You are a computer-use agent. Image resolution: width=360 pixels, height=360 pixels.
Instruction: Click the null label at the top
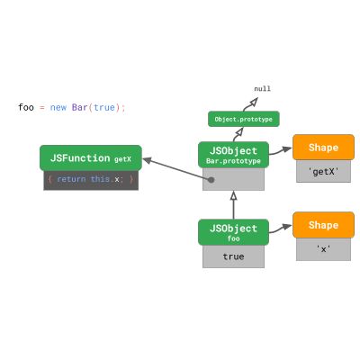(262, 88)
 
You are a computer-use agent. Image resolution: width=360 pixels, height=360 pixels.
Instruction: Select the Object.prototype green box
(243, 119)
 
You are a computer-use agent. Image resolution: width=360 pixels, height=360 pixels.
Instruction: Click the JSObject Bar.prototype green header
(233, 155)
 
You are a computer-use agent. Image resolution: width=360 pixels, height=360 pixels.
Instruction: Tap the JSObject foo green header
(233, 232)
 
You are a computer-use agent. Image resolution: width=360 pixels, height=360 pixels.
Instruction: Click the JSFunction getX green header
(90, 158)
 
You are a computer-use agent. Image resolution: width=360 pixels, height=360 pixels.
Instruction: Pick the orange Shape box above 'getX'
(323, 148)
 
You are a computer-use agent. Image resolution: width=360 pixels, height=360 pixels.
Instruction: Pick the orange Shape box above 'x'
(323, 225)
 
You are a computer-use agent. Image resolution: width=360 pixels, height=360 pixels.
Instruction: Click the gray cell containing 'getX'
(323, 171)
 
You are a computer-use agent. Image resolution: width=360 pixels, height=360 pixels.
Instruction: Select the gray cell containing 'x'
(323, 249)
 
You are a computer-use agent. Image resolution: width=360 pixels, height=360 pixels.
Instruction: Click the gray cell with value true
(233, 256)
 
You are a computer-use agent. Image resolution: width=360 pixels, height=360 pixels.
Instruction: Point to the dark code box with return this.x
(90, 179)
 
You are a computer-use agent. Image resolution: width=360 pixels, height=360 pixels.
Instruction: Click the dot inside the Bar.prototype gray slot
(211, 179)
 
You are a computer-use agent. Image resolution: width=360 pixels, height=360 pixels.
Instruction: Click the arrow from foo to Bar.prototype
(233, 205)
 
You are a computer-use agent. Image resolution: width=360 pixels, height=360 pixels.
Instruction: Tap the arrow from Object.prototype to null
(249, 103)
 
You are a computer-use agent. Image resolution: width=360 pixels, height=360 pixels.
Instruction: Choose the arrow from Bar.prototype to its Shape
(279, 151)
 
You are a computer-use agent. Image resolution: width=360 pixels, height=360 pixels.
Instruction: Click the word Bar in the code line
(79, 107)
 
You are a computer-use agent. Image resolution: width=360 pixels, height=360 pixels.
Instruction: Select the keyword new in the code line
(58, 107)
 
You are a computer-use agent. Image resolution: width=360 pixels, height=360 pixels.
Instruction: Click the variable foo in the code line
(26, 107)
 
